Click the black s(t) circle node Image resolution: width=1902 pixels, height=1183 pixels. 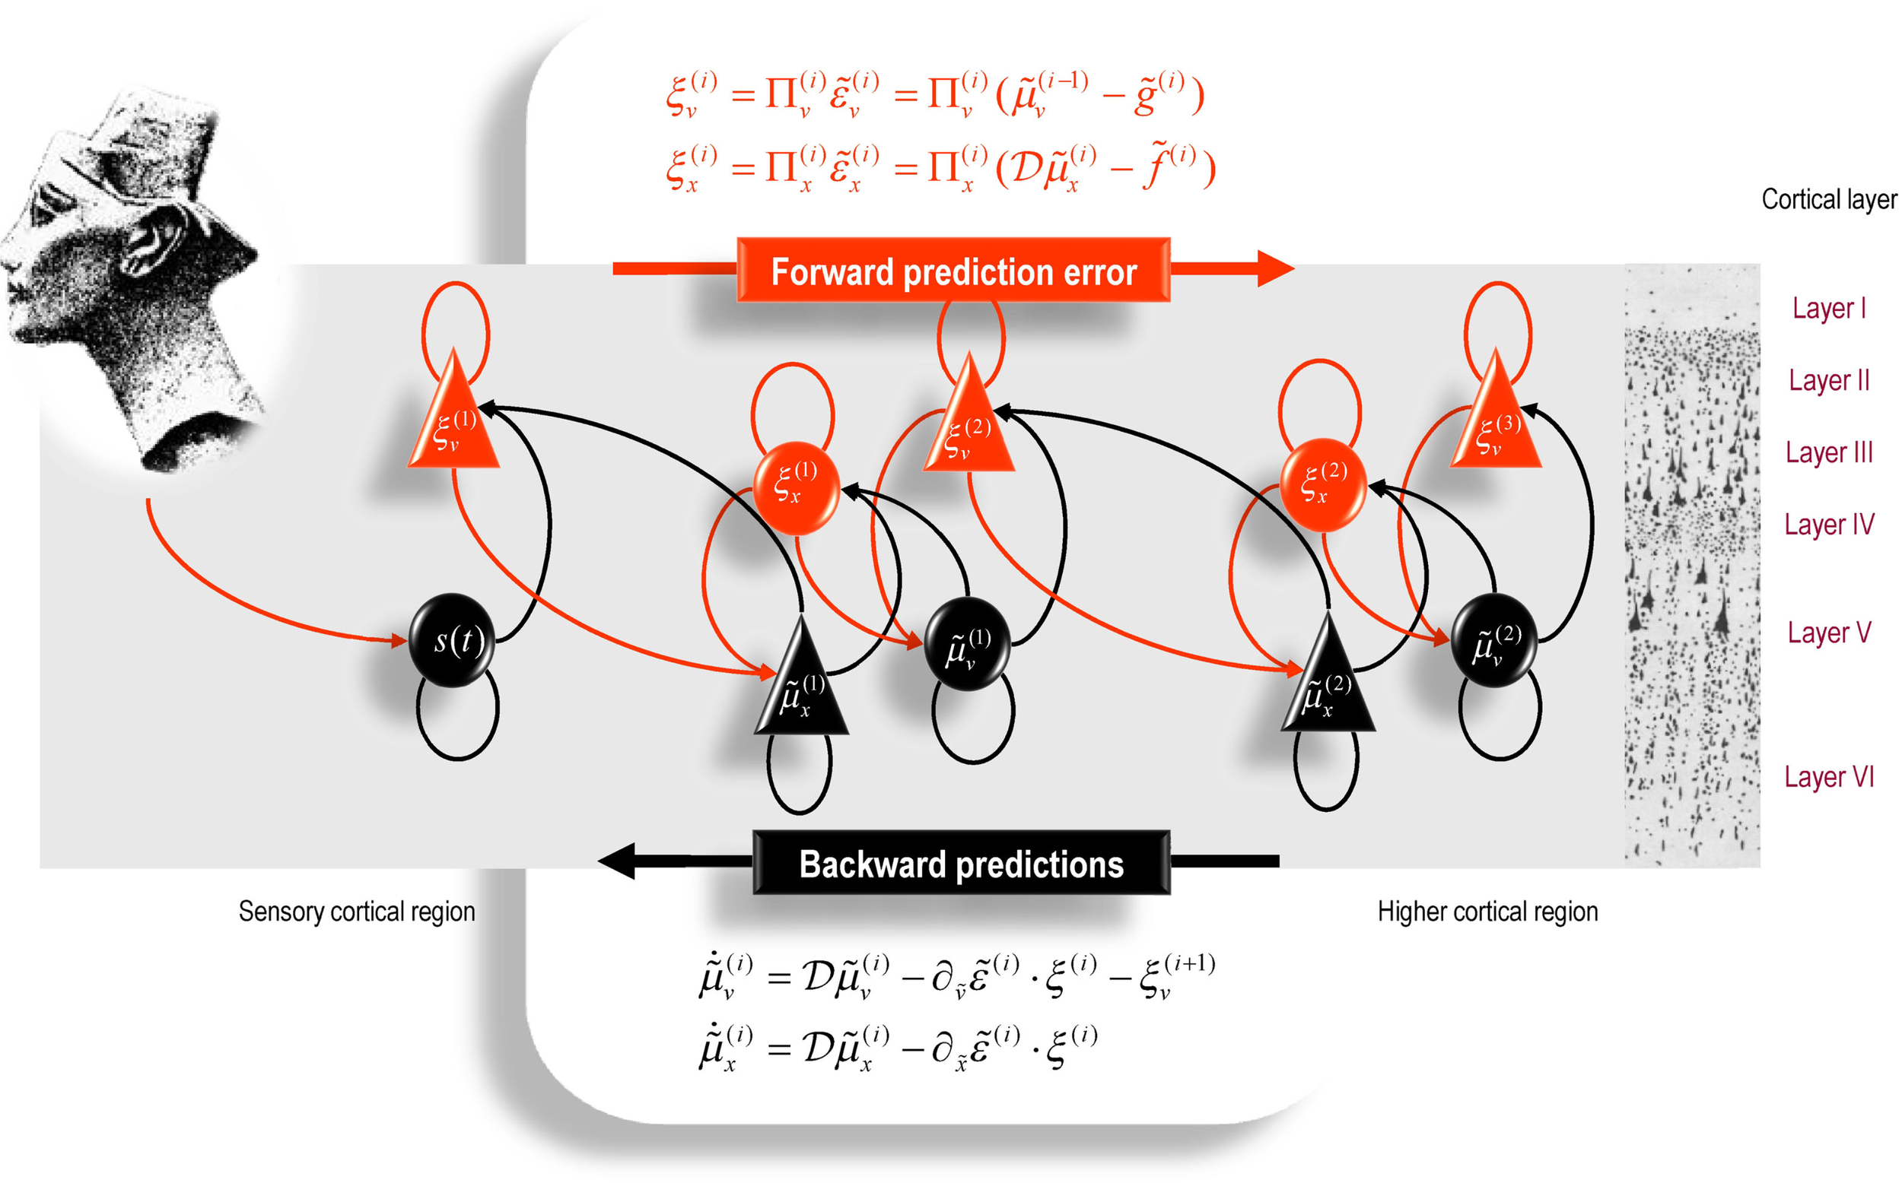tap(453, 640)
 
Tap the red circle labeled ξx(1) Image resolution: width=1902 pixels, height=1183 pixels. tap(796, 487)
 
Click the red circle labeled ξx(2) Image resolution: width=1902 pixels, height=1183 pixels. tap(1323, 486)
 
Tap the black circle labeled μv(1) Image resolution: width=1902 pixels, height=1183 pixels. tap(968, 644)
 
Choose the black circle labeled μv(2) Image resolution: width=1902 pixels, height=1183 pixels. tap(1494, 641)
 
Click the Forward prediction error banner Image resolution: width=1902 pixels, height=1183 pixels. tap(953, 270)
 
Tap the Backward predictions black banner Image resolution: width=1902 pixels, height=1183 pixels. tap(960, 863)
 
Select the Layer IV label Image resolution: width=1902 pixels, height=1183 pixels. tap(1828, 524)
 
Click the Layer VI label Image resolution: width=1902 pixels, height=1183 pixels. tap(1828, 777)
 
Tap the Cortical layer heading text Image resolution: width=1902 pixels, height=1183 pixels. tap(1828, 199)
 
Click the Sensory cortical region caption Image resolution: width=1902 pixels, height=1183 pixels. tap(356, 912)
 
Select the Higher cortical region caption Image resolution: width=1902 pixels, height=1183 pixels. tap(1487, 912)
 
